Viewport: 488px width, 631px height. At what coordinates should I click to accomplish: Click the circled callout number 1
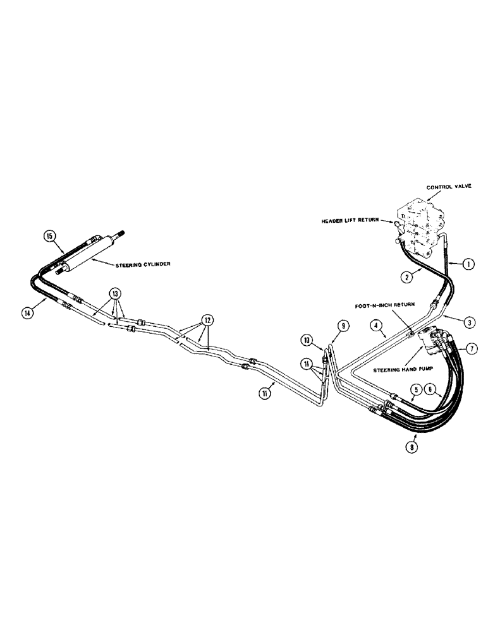click(467, 264)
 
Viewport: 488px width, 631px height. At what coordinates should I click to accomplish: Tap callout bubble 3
click(468, 322)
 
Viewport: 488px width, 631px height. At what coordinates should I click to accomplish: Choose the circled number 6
click(429, 389)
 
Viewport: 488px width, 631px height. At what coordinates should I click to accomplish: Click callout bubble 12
click(205, 319)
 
